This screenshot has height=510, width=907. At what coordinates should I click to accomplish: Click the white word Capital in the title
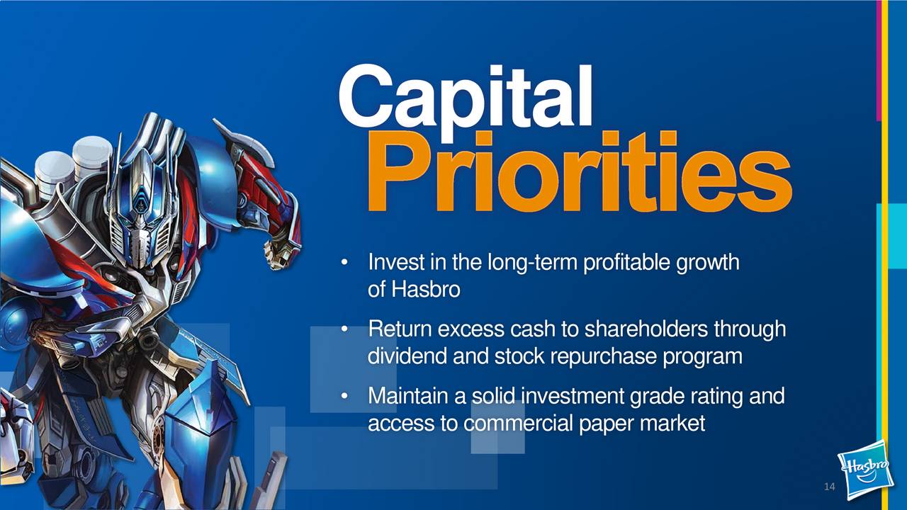coord(465,101)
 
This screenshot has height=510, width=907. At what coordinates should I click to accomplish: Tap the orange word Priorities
coord(579,172)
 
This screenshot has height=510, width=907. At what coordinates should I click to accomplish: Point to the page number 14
coord(830,487)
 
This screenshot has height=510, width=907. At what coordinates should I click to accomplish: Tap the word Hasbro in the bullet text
coord(426,290)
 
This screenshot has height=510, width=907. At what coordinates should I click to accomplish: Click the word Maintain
coord(408,396)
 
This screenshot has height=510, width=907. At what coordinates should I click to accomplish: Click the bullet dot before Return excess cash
coord(344,329)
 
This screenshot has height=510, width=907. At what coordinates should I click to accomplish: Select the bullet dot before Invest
coord(344,263)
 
